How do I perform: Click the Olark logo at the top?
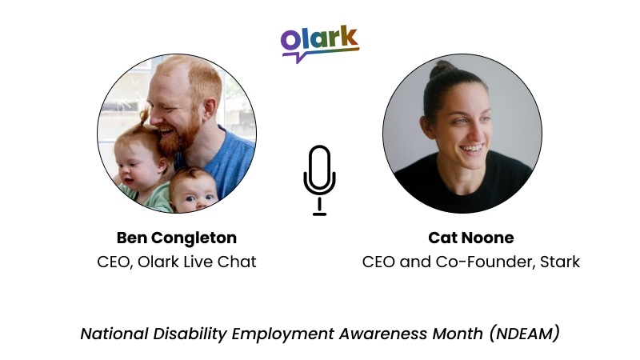(x=319, y=42)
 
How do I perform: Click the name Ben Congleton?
(x=177, y=238)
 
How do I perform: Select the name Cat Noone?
(x=460, y=238)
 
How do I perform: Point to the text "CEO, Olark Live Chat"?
(x=177, y=262)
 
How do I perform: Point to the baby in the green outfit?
(x=190, y=190)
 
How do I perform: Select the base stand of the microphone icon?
(x=319, y=214)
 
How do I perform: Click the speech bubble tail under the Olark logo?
(x=299, y=58)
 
